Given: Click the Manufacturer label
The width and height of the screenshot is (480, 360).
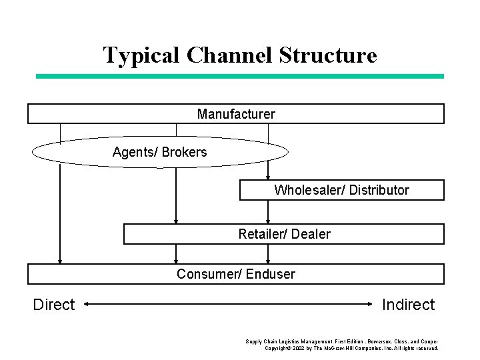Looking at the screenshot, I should click(236, 114).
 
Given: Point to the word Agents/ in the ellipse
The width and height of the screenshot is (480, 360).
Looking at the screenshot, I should click(135, 152).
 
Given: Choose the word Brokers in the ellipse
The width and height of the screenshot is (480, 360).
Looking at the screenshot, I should click(185, 152).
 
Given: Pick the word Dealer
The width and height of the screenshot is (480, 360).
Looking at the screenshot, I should click(311, 234).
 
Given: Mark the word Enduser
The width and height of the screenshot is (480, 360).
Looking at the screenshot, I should click(271, 274).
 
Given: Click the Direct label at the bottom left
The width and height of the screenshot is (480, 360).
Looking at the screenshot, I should click(54, 305).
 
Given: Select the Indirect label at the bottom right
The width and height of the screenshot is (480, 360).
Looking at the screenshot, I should click(408, 305).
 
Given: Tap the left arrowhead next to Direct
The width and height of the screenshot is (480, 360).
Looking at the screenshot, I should click(89, 305).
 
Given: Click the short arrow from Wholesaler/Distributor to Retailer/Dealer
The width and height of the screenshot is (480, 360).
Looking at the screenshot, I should click(268, 212).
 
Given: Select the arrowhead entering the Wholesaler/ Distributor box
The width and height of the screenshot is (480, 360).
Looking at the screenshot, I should click(268, 176).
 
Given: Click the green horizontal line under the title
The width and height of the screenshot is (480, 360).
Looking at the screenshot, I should click(239, 77).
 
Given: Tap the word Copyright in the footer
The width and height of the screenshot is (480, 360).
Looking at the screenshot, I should click(279, 348).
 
